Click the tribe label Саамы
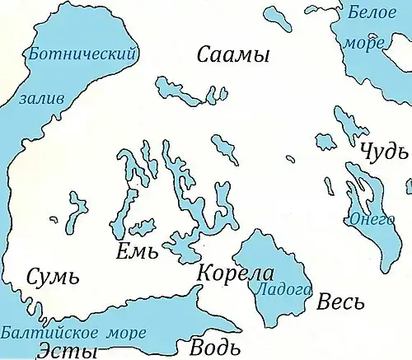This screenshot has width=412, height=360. (x=234, y=56)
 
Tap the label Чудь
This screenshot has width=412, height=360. (x=383, y=152)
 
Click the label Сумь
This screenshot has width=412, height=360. (x=53, y=277)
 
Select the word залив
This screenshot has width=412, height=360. (x=41, y=98)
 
